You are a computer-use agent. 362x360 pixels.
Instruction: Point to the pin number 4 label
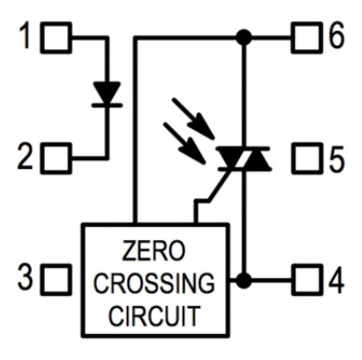(336, 278)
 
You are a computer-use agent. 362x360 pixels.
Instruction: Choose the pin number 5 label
(336, 158)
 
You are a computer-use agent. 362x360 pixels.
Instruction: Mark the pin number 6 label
(336, 38)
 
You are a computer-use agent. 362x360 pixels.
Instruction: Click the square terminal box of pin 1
(58, 38)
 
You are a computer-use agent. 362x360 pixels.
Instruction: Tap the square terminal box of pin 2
(58, 158)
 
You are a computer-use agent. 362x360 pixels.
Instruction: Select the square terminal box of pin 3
(58, 277)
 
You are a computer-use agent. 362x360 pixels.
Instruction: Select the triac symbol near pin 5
(244, 160)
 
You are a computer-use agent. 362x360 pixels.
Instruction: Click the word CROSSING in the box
(154, 282)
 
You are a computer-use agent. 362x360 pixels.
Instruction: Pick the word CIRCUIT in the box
(154, 313)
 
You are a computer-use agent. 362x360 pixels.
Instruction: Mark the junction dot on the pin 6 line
(244, 38)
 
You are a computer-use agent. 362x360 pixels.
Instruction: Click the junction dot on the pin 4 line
(244, 278)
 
